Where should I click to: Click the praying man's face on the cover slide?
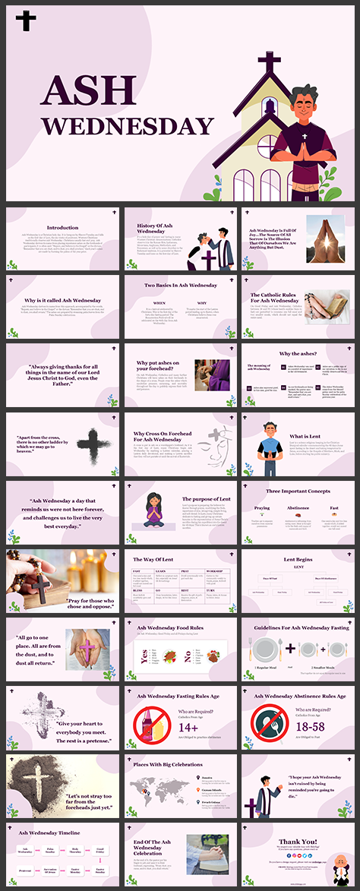click(x=304, y=103)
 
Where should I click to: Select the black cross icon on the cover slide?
click(x=26, y=21)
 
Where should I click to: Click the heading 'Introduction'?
click(x=62, y=227)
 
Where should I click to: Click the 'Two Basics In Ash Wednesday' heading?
click(x=181, y=286)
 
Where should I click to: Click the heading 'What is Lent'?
click(x=305, y=436)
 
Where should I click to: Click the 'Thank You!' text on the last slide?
click(x=298, y=841)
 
